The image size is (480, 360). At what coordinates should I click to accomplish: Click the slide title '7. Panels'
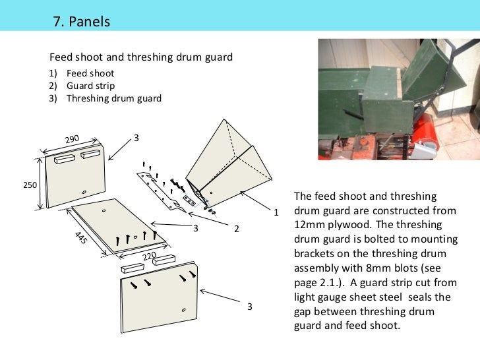81,22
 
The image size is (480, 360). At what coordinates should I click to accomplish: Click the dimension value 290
72,139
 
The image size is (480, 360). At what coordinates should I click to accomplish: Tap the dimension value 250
30,185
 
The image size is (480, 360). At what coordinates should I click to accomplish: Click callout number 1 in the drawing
277,212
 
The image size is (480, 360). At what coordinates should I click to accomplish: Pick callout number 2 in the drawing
235,228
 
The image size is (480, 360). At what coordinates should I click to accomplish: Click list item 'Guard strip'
90,86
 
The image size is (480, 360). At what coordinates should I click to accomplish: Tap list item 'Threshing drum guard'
113,98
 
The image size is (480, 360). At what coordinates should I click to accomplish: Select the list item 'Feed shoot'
90,73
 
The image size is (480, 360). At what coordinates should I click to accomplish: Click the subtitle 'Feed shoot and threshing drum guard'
141,57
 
